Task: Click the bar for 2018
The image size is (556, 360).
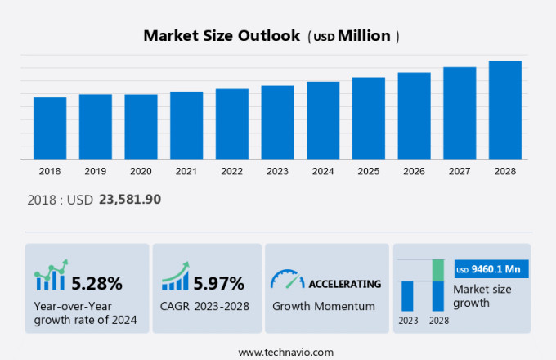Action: (x=50, y=128)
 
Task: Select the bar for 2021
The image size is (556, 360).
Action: (x=186, y=125)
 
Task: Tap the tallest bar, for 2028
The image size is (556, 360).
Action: (x=505, y=110)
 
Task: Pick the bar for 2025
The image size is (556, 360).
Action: (x=369, y=118)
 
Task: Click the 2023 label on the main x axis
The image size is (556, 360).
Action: (x=277, y=171)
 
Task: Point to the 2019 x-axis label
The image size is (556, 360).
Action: (x=95, y=171)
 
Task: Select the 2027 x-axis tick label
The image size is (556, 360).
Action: (x=460, y=171)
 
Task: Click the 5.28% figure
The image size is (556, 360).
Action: (x=96, y=284)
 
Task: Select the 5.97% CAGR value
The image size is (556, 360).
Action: (x=218, y=284)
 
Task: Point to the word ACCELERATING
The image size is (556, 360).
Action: (x=344, y=284)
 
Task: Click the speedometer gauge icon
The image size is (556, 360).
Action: (x=287, y=280)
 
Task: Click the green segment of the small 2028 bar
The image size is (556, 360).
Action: (x=438, y=270)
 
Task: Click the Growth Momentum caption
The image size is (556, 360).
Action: (x=323, y=306)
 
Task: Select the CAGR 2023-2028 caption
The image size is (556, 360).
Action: (x=205, y=306)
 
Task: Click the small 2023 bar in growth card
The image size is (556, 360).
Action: (x=407, y=295)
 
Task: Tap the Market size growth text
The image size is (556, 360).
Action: (x=482, y=296)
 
